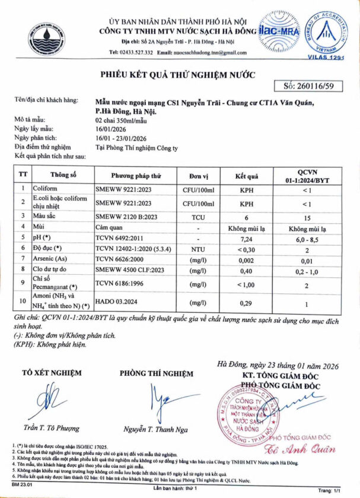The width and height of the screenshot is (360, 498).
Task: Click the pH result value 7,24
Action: click(246, 237)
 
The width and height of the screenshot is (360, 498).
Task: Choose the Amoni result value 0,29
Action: click(246, 303)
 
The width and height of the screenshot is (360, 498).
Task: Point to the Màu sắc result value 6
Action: click(246, 217)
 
